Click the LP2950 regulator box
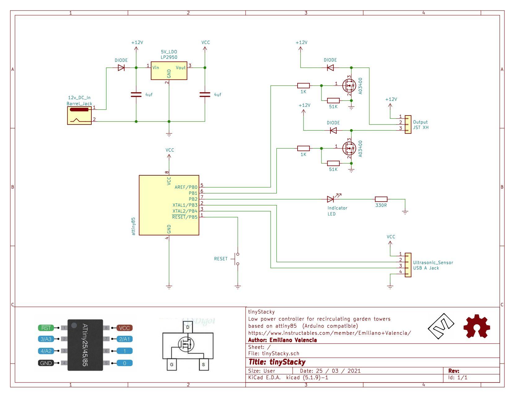[x=169, y=71]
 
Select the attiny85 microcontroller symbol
[x=169, y=205]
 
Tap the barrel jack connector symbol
[x=80, y=116]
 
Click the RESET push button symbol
[x=238, y=259]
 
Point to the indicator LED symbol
[x=331, y=199]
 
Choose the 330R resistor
[x=381, y=199]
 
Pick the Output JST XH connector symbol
[x=408, y=125]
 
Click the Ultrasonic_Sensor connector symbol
[x=408, y=265]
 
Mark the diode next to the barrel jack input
[x=121, y=68]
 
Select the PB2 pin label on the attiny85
[x=193, y=199]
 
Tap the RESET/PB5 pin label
[x=185, y=217]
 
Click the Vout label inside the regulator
[x=181, y=68]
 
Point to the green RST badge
[x=46, y=328]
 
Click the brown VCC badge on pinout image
[x=124, y=328]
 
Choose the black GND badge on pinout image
[x=46, y=363]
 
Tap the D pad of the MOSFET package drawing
[x=187, y=327]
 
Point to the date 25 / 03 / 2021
[x=330, y=371]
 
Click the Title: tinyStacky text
[x=277, y=362]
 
